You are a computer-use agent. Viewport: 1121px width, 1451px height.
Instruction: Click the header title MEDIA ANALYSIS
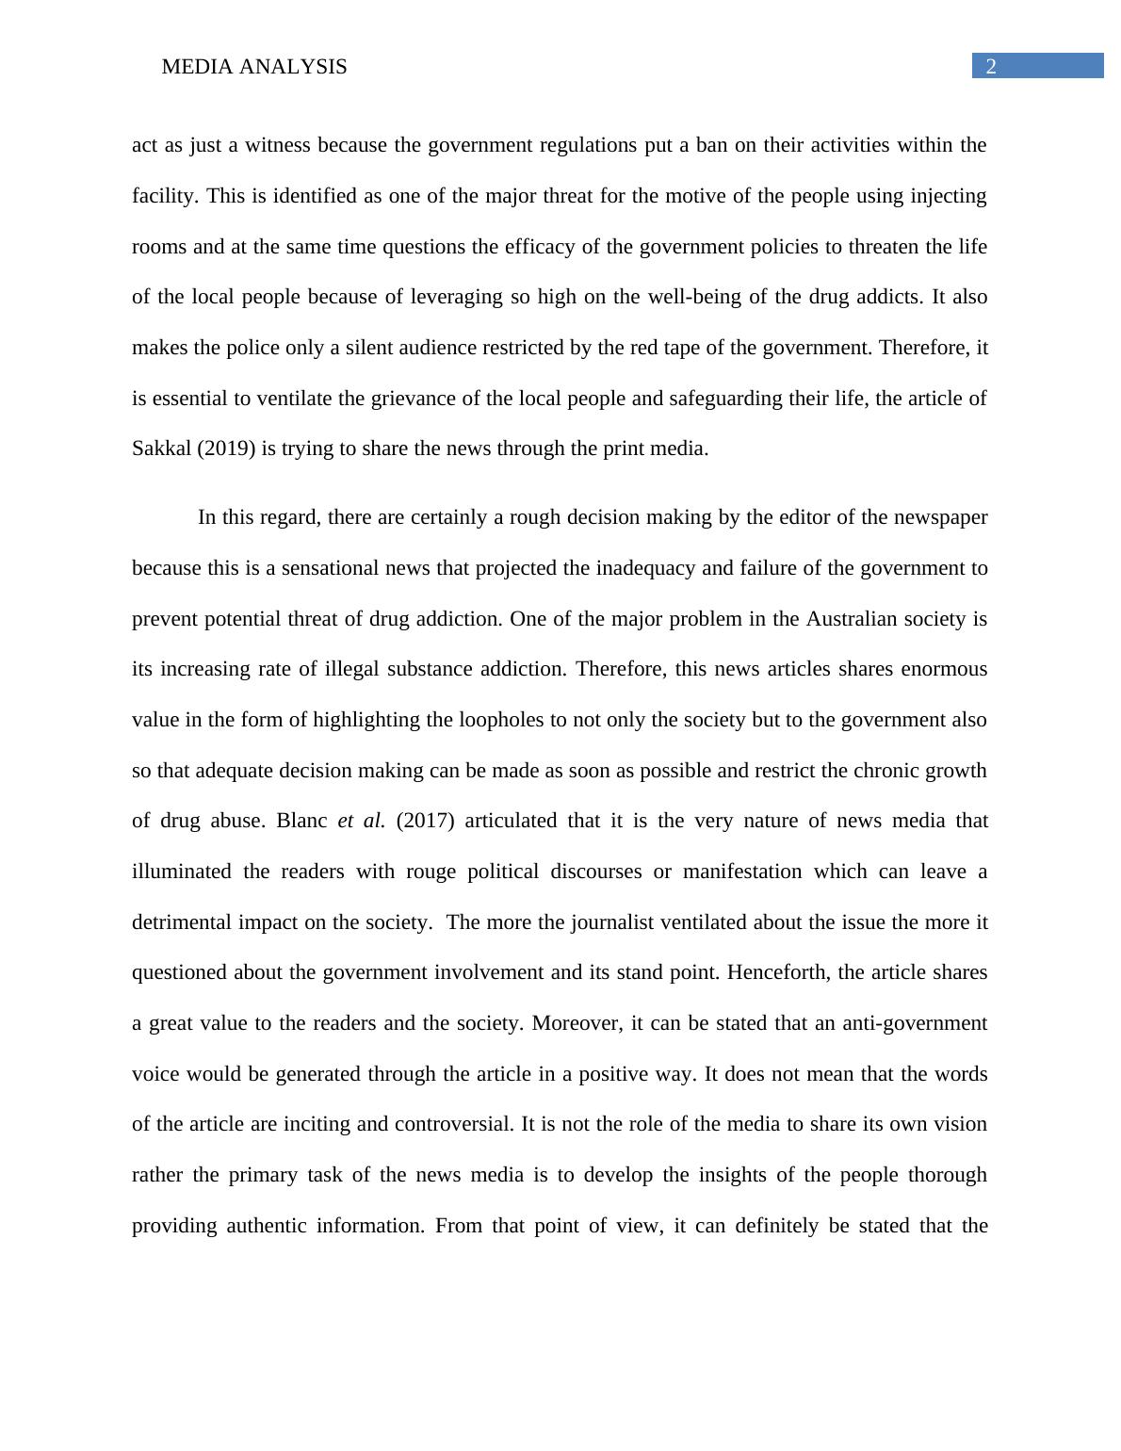254,67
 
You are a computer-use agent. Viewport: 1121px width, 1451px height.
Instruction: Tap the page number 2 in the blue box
990,67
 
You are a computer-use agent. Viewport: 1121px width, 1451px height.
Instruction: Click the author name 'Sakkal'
161,448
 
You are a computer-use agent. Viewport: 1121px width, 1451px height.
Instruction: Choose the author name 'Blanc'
301,821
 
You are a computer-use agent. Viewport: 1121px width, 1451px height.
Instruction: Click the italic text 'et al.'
361,821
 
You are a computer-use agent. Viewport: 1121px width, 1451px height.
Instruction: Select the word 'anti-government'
915,1023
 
